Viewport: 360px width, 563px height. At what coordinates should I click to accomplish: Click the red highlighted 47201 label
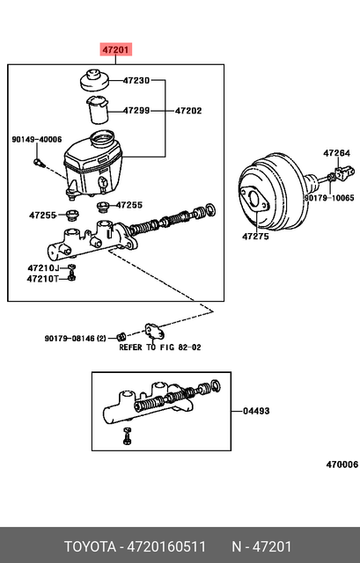[115, 50]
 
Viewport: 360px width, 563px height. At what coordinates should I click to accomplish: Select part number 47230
[136, 81]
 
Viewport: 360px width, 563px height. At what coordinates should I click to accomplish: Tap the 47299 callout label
[136, 111]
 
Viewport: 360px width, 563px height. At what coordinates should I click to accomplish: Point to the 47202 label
[188, 111]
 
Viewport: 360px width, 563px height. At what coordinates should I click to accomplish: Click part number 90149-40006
[37, 139]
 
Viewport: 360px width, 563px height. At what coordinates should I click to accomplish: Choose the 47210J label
[43, 267]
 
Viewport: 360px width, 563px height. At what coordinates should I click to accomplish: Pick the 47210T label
[43, 279]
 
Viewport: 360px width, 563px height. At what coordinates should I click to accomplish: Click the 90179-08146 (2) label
[75, 337]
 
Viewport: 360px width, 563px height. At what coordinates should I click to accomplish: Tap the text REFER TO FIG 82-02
[160, 347]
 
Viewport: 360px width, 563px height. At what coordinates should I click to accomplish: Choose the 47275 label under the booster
[256, 236]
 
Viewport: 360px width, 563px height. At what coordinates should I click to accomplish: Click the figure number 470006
[342, 464]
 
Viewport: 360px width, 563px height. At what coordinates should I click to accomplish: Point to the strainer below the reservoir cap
[98, 112]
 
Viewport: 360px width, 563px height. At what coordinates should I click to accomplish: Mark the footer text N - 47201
[261, 545]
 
